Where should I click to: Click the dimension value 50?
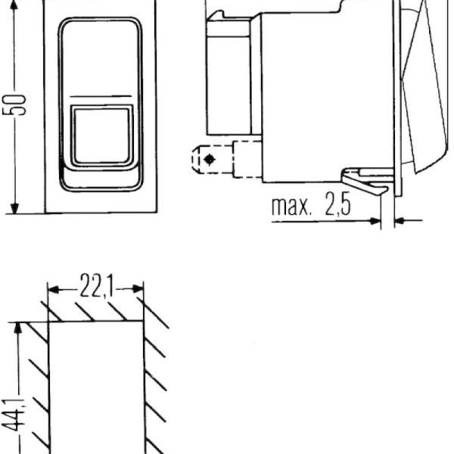pos(14,104)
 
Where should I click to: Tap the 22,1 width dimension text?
pos(97,286)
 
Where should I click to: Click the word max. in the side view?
pos(291,207)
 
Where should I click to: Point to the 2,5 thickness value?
pos(338,204)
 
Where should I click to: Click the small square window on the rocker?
pos(101,135)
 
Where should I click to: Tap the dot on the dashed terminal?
pos(210,159)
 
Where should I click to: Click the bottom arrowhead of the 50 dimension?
pos(14,208)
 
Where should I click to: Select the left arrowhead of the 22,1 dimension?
pos(53,289)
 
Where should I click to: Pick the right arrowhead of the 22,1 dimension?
pos(138,289)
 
